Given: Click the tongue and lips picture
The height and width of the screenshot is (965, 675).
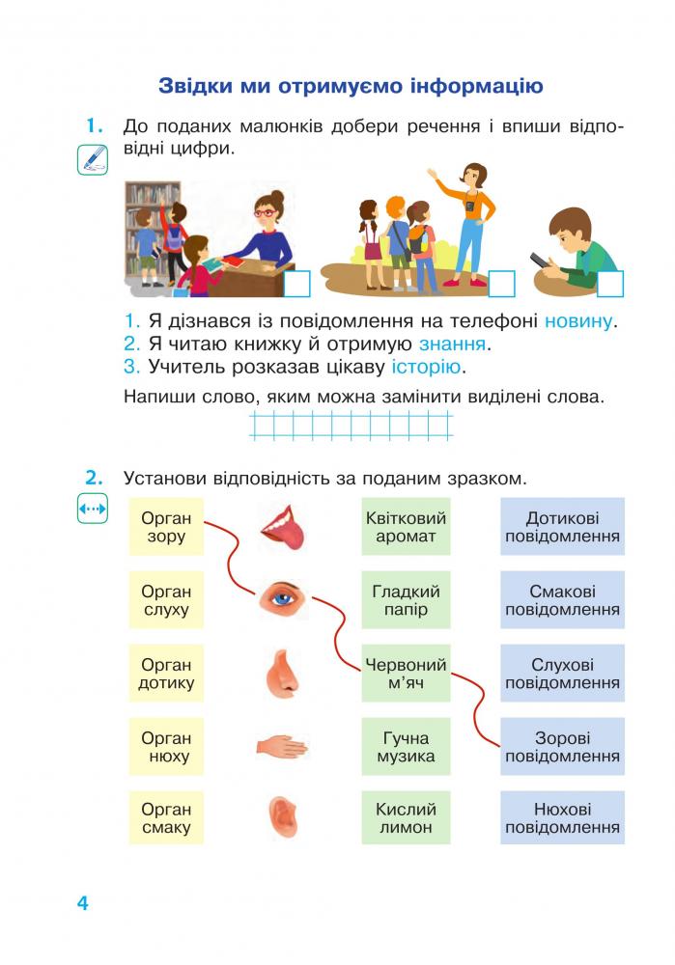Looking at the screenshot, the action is pyautogui.click(x=283, y=528).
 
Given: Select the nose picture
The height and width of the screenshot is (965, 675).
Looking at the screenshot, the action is pyautogui.click(x=282, y=674).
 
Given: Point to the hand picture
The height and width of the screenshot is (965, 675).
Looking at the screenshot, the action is pyautogui.click(x=281, y=747).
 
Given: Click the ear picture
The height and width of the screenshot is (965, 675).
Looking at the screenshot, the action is pyautogui.click(x=283, y=816).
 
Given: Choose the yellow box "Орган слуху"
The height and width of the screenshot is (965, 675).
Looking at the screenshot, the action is pyautogui.click(x=166, y=600).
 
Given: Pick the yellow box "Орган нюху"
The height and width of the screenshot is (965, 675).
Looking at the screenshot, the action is pyautogui.click(x=166, y=747).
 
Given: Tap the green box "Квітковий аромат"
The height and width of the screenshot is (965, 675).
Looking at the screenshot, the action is pyautogui.click(x=406, y=527).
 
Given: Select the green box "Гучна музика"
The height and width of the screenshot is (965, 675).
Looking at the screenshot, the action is pyautogui.click(x=406, y=747).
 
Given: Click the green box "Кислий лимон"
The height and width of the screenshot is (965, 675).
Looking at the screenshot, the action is pyautogui.click(x=406, y=818).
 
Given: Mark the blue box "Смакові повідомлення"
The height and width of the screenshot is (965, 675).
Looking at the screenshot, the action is pyautogui.click(x=562, y=600).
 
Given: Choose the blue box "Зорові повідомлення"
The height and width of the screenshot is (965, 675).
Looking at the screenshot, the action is pyautogui.click(x=562, y=747).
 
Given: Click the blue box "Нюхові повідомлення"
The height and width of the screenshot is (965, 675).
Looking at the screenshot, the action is pyautogui.click(x=562, y=818).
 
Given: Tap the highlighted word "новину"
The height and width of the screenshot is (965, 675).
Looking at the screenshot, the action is pyautogui.click(x=578, y=321).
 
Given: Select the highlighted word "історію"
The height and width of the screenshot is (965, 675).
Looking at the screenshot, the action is pyautogui.click(x=426, y=367).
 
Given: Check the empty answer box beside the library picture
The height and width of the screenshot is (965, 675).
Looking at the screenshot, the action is pyautogui.click(x=296, y=285).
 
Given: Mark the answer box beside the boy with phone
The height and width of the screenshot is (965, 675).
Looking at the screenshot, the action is pyautogui.click(x=610, y=285).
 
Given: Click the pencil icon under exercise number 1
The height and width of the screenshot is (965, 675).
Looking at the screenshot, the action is pyautogui.click(x=93, y=160).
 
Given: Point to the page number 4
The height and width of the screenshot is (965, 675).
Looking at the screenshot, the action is pyautogui.click(x=82, y=903).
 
